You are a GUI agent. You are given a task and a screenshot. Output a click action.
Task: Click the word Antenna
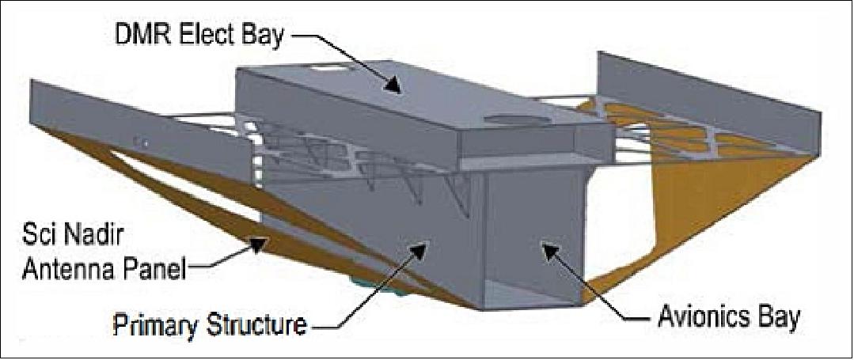61,270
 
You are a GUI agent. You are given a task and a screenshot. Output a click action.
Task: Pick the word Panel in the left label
153,270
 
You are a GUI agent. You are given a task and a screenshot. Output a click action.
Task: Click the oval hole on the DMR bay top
507,119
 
